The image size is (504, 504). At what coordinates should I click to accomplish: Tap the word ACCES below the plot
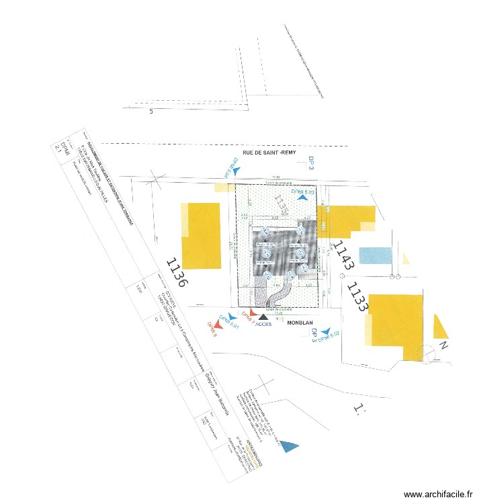pyautogui.click(x=264, y=323)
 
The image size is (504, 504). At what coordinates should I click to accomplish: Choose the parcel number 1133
pyautogui.click(x=357, y=296)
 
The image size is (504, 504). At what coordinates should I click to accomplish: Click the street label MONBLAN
pyautogui.click(x=300, y=323)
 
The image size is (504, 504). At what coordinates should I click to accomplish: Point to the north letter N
pyautogui.click(x=444, y=345)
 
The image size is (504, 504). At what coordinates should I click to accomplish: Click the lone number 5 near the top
pyautogui.click(x=151, y=112)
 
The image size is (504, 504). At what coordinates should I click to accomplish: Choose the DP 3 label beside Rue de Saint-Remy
pyautogui.click(x=311, y=163)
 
